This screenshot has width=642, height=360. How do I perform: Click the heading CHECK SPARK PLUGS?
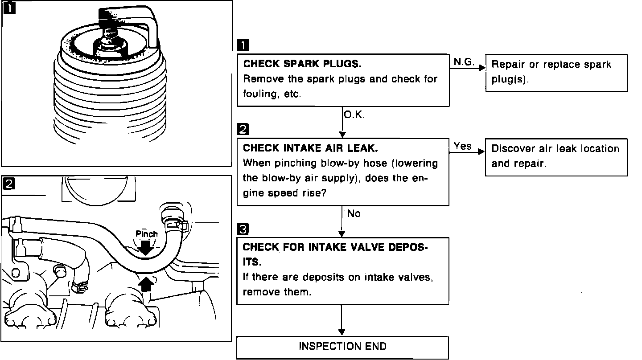click(x=302, y=64)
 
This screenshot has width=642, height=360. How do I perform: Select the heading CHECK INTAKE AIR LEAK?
click(x=310, y=148)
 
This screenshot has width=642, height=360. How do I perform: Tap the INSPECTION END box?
click(x=342, y=347)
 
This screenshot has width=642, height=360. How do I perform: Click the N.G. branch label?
click(x=464, y=62)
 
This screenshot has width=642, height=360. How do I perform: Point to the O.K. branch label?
click(x=354, y=115)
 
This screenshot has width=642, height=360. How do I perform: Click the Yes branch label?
click(x=462, y=146)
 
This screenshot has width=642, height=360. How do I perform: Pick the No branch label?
click(x=354, y=214)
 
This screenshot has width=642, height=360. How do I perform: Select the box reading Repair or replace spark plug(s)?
click(x=556, y=73)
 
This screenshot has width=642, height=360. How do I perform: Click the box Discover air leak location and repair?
click(x=556, y=156)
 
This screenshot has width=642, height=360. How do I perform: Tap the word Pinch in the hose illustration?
click(x=147, y=234)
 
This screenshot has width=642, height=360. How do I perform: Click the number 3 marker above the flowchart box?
click(x=243, y=229)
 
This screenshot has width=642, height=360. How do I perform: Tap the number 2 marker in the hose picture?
click(x=8, y=184)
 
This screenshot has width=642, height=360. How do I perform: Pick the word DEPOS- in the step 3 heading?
click(x=406, y=247)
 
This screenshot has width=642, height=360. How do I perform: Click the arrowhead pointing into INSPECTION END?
click(x=342, y=332)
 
